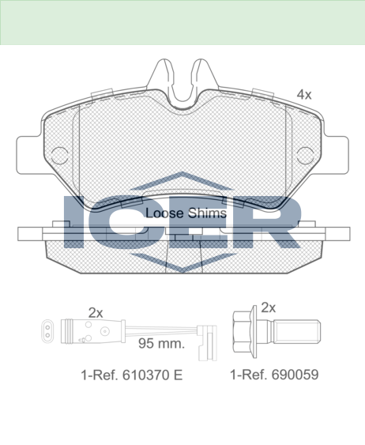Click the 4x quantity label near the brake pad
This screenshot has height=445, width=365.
point(304,95)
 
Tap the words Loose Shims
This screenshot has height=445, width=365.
point(186,213)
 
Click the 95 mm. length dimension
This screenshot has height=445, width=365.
point(161,344)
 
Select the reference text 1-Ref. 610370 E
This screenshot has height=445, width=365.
point(132,375)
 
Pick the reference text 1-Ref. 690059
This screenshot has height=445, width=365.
point(274,375)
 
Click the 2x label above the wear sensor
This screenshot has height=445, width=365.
point(96,313)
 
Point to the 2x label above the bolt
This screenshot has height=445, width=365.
point(268,307)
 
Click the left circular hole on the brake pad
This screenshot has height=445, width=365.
point(60,156)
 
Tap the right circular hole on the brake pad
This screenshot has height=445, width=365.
point(305,156)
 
